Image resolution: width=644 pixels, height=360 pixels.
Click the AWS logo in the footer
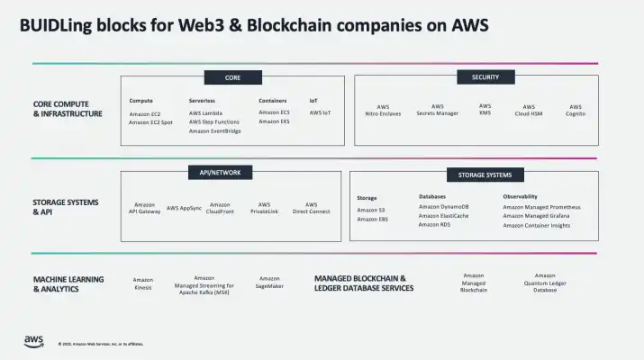tap(33, 340)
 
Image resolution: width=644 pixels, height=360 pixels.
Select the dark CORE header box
tap(232, 78)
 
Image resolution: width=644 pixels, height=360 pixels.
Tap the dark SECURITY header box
tap(485, 77)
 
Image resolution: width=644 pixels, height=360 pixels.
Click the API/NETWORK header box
tap(220, 171)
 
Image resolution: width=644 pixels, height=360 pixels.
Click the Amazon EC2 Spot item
tap(149, 122)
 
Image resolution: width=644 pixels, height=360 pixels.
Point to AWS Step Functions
tap(214, 122)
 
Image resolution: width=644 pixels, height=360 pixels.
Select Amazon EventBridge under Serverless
tap(214, 131)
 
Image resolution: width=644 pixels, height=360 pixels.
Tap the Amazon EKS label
tap(274, 122)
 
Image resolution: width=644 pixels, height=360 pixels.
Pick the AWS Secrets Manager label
tap(437, 110)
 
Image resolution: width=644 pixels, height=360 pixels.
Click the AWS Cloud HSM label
tap(529, 110)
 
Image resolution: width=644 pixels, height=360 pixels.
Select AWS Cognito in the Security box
tap(576, 110)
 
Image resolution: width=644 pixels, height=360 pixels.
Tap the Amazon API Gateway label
tap(144, 208)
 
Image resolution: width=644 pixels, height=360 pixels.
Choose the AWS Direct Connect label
tap(312, 208)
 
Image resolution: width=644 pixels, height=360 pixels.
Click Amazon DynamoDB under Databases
tap(444, 207)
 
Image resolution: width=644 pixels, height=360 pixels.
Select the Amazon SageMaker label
tap(269, 283)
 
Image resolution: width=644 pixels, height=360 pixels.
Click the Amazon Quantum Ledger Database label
tap(545, 283)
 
